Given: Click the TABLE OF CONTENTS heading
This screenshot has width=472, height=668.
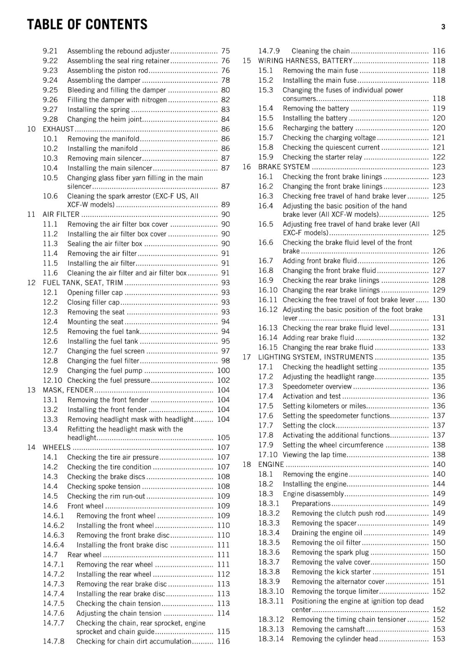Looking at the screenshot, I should point(87,25).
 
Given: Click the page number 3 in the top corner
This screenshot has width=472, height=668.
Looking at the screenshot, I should point(443,27).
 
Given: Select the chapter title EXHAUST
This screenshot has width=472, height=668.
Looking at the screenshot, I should point(58,129).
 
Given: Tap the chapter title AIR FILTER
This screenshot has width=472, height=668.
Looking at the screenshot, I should point(61,214).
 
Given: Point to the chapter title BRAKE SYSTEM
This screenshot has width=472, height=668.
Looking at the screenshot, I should point(284,167).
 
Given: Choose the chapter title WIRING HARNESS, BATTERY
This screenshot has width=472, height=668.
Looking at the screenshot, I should point(305,61).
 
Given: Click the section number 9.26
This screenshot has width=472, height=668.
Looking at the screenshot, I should point(50,100).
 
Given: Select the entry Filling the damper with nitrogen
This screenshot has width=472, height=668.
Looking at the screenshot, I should point(117,100).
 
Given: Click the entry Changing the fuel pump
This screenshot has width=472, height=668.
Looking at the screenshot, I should point(105,371).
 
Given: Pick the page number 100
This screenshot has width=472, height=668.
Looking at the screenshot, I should point(223,371).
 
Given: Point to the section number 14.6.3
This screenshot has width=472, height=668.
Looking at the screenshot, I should point(53,535).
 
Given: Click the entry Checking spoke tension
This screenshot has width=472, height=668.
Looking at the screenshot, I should point(104,486).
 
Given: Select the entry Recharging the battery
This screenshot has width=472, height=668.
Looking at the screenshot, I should point(318,128).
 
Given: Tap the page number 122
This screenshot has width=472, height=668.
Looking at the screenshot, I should point(439,157).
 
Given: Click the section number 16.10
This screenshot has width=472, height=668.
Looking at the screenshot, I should point(268,290).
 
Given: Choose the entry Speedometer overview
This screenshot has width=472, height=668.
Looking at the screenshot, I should point(317,387).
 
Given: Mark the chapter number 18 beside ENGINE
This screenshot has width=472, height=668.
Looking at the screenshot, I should point(247,465).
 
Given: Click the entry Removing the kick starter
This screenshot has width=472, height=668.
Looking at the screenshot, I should point(331,572).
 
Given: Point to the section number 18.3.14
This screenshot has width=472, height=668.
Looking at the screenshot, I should point(271,639).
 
